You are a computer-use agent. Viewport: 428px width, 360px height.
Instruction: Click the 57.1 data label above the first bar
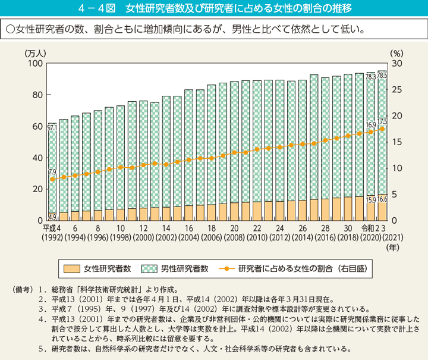point(52,127)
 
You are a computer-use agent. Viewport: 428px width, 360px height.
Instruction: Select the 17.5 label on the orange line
point(382,121)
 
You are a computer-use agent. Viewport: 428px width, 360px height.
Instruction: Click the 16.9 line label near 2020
point(371,126)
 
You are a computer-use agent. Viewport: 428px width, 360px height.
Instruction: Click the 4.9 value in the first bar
point(52,217)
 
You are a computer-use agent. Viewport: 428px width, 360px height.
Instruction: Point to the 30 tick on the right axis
point(398,64)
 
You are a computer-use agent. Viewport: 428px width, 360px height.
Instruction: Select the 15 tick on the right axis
point(398,142)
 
